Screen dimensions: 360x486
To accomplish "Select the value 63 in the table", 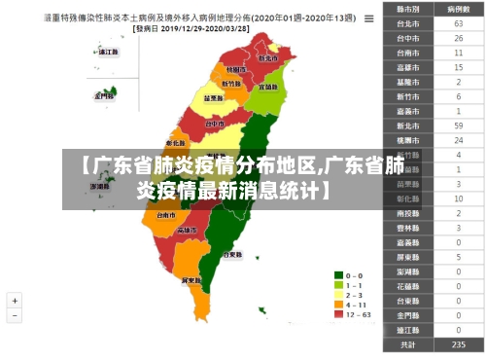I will click(x=458, y=22).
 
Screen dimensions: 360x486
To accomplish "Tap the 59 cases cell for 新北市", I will click(x=458, y=126).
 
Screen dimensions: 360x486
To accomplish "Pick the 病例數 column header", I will click(x=458, y=8).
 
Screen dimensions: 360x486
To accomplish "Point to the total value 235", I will click(x=458, y=344).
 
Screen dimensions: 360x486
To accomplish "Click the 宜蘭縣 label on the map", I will click(x=269, y=87).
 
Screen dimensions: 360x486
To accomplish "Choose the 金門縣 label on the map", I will click(x=104, y=96).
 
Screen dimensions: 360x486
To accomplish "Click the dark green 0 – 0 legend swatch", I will click(x=338, y=275).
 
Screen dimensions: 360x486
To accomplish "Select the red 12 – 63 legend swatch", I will click(x=338, y=314).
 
